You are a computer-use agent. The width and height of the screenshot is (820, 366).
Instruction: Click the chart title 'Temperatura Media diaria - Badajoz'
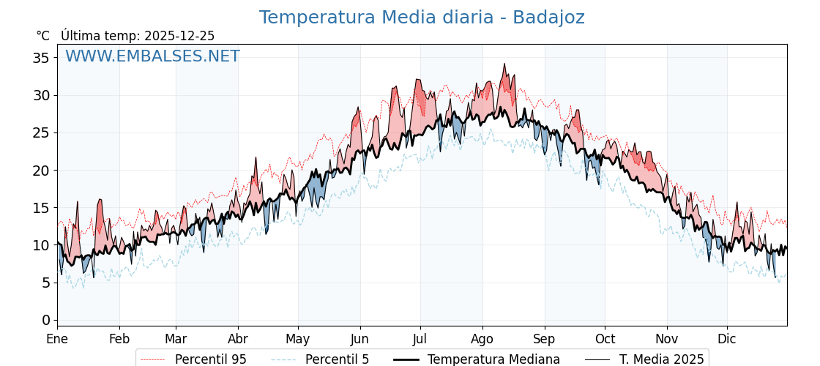(x=422, y=18)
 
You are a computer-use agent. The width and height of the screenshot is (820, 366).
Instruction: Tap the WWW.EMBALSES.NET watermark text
(x=152, y=56)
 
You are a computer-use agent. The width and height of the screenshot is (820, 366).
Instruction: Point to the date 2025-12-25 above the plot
(x=179, y=36)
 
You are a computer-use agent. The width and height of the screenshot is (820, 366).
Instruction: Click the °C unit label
(x=43, y=36)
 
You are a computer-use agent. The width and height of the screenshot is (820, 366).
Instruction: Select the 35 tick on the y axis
(x=42, y=58)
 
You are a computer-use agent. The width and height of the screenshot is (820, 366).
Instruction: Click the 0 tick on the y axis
(x=46, y=320)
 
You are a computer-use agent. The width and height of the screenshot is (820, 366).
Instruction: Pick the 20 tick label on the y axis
(x=42, y=171)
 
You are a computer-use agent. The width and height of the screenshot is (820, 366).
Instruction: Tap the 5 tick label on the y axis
(x=46, y=283)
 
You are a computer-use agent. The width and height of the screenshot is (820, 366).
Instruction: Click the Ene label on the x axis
(x=57, y=339)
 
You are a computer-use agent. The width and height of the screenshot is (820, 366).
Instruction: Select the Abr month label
(x=238, y=339)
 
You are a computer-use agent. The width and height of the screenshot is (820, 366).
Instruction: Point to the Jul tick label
(x=420, y=339)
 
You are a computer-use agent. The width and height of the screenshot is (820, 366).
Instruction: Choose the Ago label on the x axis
(x=482, y=339)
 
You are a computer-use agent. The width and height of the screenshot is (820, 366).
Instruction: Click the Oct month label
(x=605, y=339)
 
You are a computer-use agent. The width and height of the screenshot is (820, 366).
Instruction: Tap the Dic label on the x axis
(x=727, y=339)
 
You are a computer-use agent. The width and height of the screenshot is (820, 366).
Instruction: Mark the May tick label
(x=298, y=339)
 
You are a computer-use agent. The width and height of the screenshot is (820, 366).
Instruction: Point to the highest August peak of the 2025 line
(x=504, y=64)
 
